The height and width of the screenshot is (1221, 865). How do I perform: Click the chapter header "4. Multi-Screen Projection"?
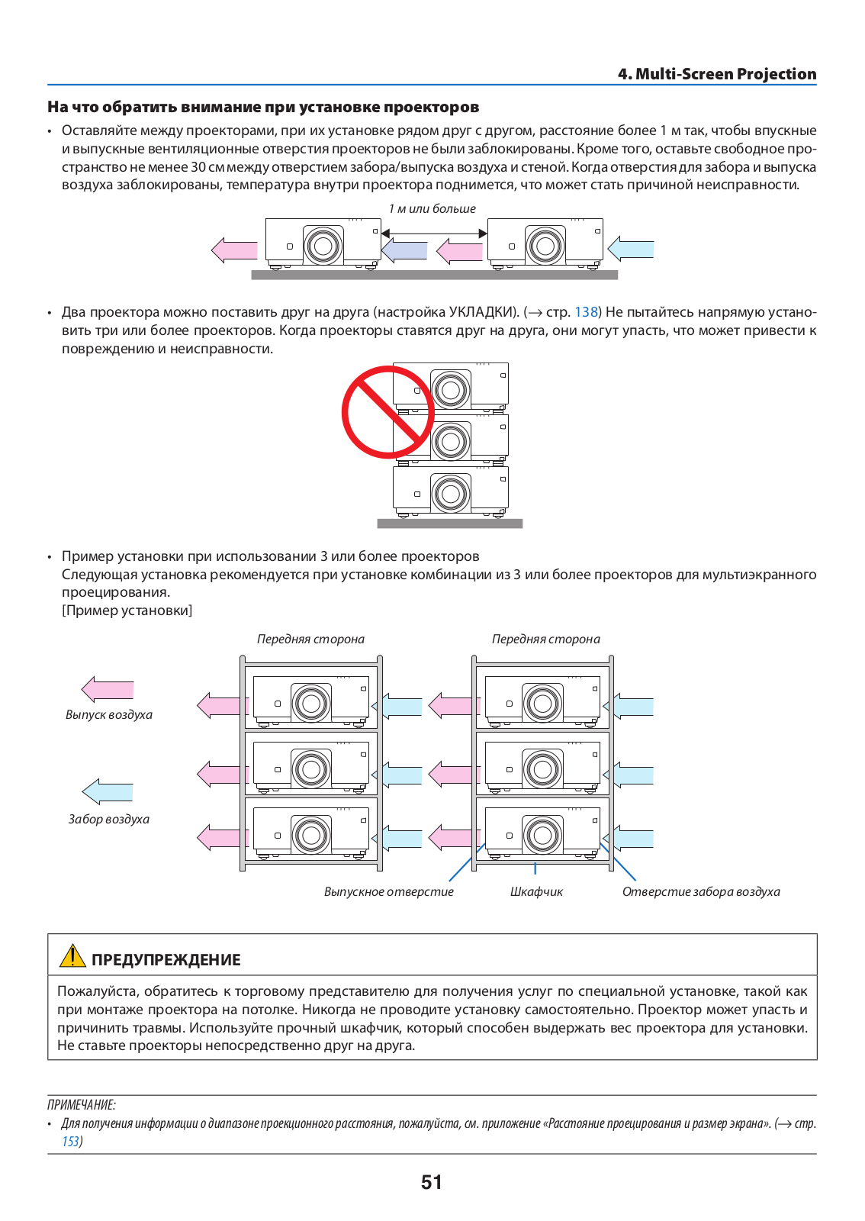[x=717, y=73]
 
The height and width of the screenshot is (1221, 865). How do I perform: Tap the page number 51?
[x=432, y=1182]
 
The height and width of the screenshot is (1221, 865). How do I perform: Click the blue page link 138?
[x=586, y=312]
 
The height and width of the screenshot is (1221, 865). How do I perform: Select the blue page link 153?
[x=70, y=1141]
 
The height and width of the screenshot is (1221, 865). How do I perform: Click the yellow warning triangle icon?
[x=72, y=956]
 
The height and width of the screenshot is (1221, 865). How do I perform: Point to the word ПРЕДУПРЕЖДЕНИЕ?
[x=166, y=960]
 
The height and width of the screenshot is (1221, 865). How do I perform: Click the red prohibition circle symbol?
[x=387, y=411]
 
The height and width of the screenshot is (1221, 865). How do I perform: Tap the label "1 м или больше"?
[x=432, y=209]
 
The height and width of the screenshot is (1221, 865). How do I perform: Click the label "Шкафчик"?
[x=536, y=892]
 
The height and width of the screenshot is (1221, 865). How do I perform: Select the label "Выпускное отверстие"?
[x=388, y=892]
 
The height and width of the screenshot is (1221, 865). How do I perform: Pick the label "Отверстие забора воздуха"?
[x=701, y=892]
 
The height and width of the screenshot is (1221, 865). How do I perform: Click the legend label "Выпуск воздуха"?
[x=109, y=714]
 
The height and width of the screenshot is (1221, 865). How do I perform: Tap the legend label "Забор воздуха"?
[x=108, y=820]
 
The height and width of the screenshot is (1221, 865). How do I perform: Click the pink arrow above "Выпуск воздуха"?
[x=108, y=690]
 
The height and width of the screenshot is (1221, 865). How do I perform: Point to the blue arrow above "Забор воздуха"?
[x=108, y=792]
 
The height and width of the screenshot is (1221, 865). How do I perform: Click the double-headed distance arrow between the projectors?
[x=434, y=234]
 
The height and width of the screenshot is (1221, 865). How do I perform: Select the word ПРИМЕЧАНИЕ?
[x=81, y=1105]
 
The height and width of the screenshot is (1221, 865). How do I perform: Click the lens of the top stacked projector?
[x=451, y=390]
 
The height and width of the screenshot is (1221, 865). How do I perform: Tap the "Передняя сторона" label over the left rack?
[x=310, y=639]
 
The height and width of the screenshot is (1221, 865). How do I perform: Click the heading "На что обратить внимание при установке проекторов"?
[x=263, y=107]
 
